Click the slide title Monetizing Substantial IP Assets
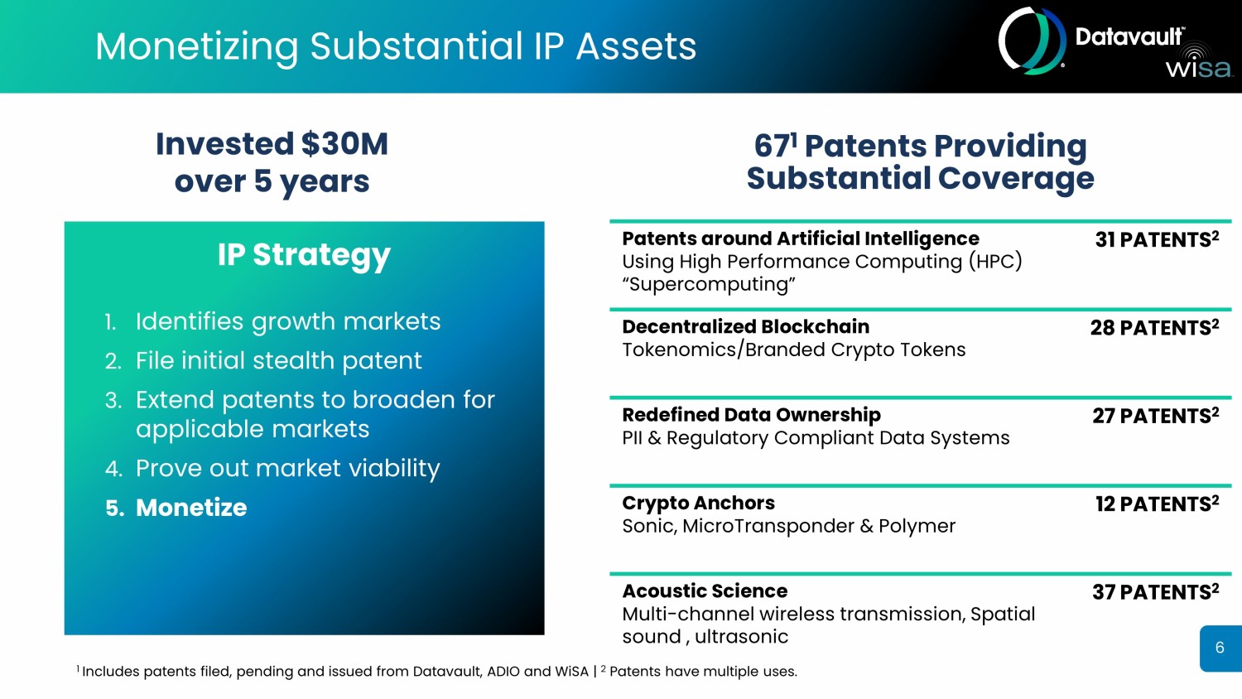[396, 46]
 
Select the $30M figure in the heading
[344, 143]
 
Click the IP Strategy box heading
[304, 255]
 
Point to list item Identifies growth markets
[288, 322]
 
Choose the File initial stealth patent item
[278, 360]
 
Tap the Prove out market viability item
[288, 469]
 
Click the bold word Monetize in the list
[191, 508]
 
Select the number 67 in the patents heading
[771, 146]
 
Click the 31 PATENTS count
[1157, 239]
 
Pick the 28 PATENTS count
[1154, 327]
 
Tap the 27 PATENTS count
[1156, 416]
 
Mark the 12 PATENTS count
[1157, 504]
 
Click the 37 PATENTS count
[1156, 592]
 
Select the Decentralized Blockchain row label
[746, 327]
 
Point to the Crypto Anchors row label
[699, 504]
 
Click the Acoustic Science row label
[705, 591]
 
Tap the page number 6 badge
[1220, 648]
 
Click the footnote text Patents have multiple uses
[703, 672]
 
